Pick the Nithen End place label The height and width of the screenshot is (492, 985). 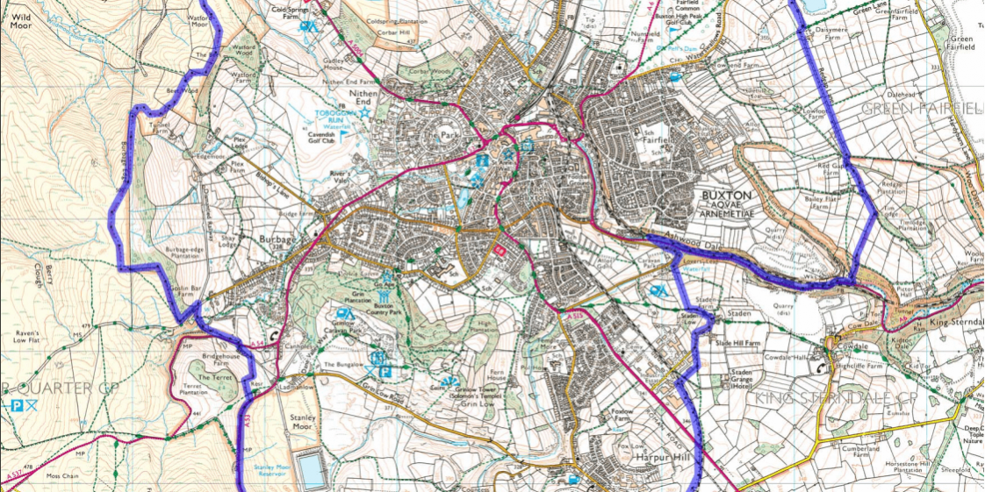click(x=363, y=96)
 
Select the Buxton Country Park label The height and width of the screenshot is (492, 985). click(x=370, y=307)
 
